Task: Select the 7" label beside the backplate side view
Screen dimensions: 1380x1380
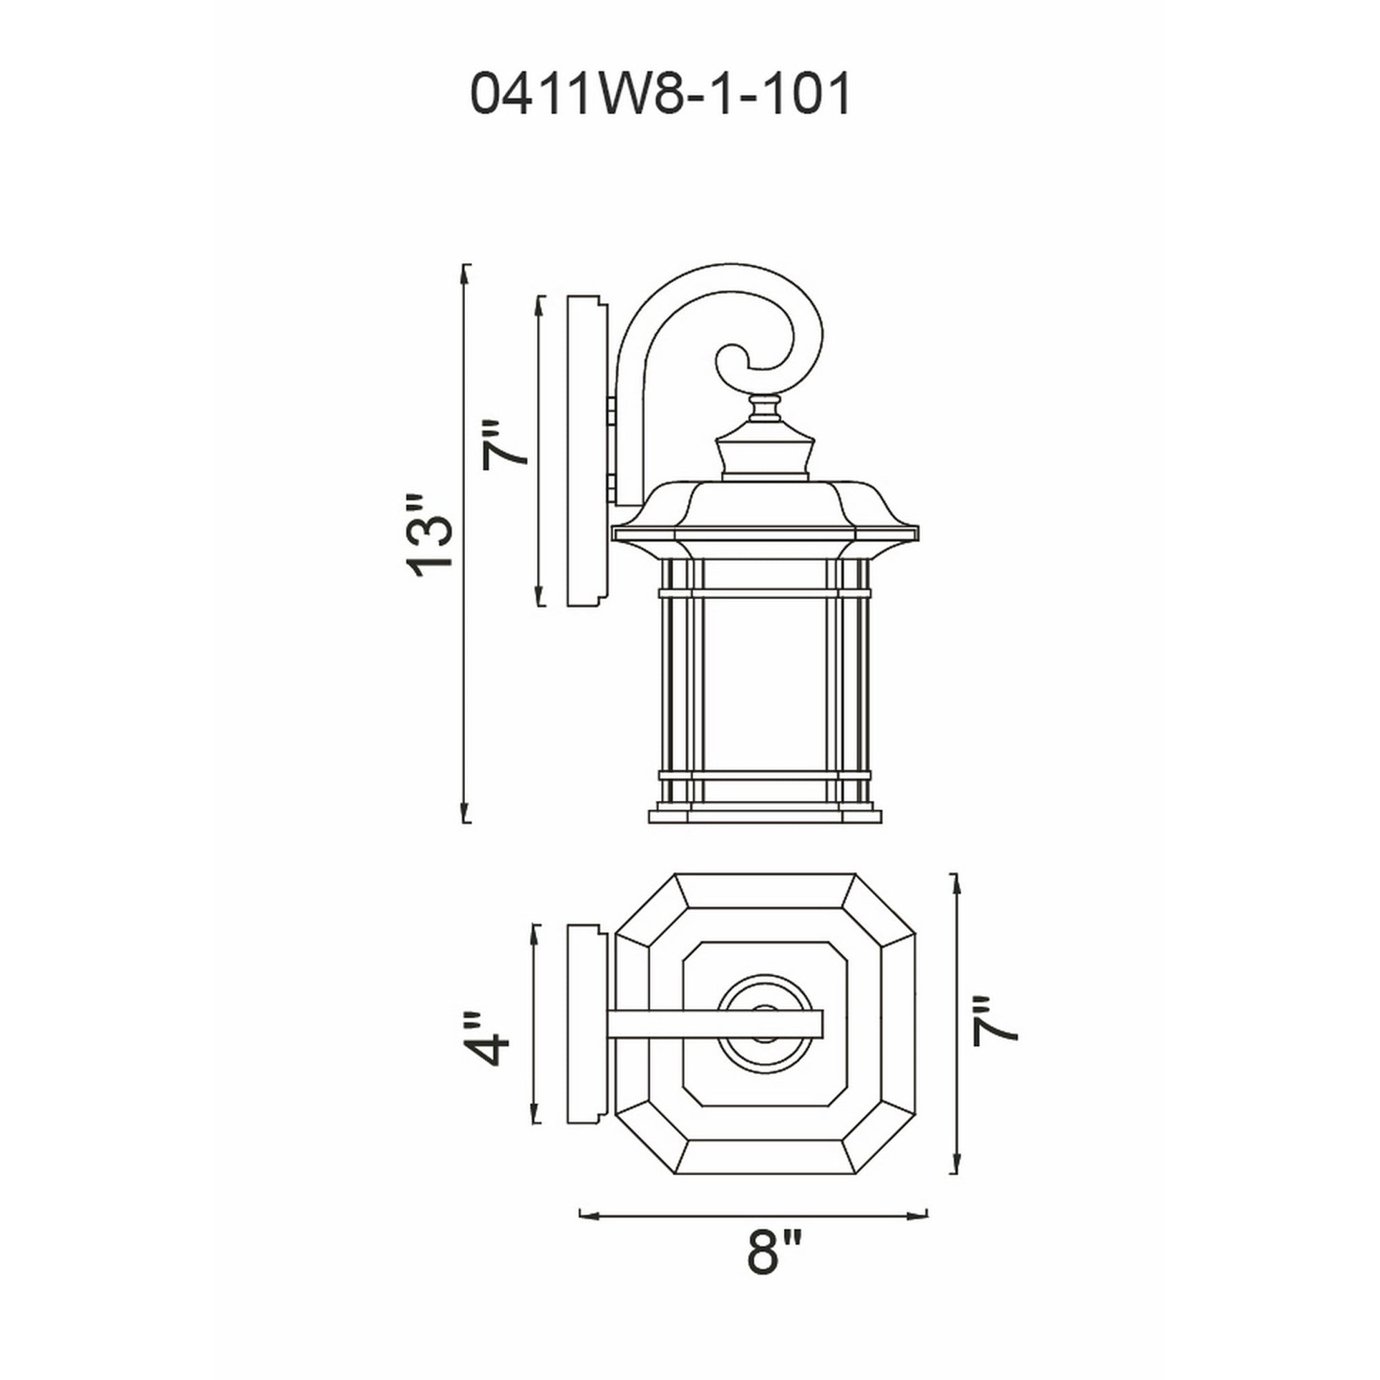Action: tap(505, 445)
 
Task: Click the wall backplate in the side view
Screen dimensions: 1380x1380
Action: tap(584, 451)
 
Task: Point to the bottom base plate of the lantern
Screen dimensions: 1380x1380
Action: tap(765, 816)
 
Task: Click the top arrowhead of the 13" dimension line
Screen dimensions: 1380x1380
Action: tap(466, 275)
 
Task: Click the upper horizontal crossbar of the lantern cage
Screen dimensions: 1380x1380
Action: tap(765, 593)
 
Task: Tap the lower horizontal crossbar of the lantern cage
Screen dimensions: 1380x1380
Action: tap(765, 775)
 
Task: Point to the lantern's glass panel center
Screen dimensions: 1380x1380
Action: tap(765, 684)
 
